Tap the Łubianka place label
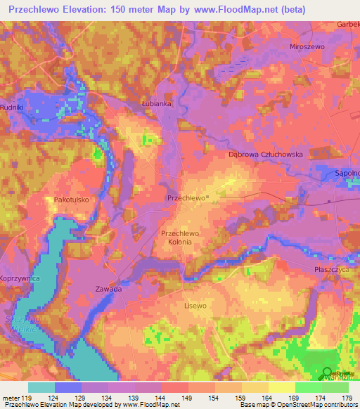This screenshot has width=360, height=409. coord(156,103)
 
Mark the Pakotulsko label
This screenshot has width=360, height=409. coord(70,200)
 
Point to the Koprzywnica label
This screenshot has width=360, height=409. coord(20,279)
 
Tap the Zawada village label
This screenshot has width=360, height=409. coord(108,289)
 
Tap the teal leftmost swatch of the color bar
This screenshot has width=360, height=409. coord(41,387)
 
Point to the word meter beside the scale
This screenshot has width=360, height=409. coord(10,397)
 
